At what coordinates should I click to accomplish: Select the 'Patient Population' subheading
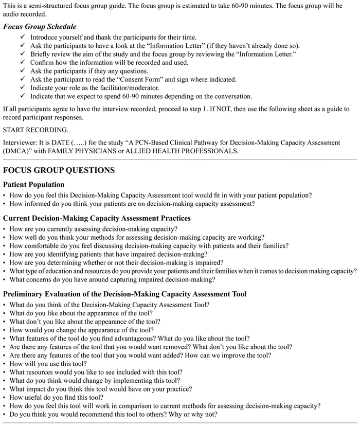[34, 184]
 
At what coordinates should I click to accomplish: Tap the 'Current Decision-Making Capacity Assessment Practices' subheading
[97, 218]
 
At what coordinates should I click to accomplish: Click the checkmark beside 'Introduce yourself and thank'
[23, 38]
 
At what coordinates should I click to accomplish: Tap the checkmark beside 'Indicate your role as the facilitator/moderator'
[23, 87]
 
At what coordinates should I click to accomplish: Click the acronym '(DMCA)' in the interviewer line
[17, 151]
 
